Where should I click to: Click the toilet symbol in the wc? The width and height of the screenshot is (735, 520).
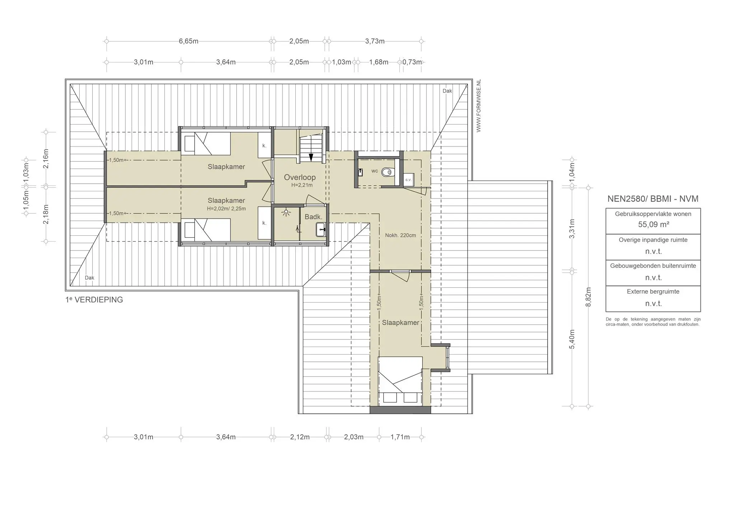(x=387, y=173)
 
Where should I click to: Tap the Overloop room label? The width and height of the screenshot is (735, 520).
(x=300, y=177)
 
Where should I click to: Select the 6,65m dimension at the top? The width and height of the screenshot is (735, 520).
(x=188, y=41)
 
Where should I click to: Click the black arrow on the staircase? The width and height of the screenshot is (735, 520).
(x=311, y=157)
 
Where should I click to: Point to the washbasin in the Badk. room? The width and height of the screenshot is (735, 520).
(x=320, y=229)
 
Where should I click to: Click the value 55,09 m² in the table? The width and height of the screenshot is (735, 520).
(x=653, y=225)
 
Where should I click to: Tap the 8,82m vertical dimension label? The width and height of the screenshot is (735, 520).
(x=588, y=297)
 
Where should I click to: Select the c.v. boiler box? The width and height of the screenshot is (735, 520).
(x=408, y=180)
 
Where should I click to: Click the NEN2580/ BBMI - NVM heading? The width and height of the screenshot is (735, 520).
(x=653, y=199)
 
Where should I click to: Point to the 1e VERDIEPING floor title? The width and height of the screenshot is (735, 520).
(x=94, y=300)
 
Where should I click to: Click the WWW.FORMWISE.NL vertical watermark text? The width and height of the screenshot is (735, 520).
(x=478, y=106)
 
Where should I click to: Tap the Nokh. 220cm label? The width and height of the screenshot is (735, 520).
(x=401, y=235)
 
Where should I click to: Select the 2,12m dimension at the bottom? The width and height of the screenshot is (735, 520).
(x=300, y=437)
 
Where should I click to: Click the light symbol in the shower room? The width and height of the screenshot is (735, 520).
(x=286, y=213)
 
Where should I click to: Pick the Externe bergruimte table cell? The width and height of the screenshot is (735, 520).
(x=653, y=299)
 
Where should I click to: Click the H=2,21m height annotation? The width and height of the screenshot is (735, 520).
(x=302, y=185)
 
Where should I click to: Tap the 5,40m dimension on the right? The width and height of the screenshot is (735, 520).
(x=572, y=339)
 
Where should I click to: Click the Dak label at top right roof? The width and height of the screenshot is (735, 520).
(x=447, y=91)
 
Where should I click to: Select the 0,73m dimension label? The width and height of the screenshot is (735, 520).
(x=412, y=62)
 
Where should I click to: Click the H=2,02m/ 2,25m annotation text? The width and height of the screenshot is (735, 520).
(x=226, y=209)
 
